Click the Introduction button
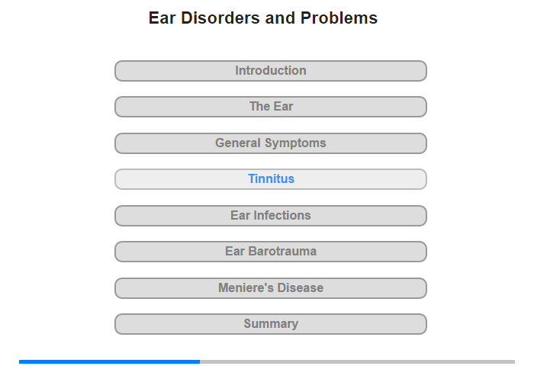tap(271, 71)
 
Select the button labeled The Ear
tap(271, 107)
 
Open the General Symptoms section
tap(271, 143)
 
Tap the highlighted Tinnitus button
tap(271, 179)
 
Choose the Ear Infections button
tap(271, 216)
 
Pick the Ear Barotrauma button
tap(271, 252)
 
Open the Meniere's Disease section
tap(271, 288)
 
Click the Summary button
tap(271, 324)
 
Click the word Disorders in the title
tap(220, 18)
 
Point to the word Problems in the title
tap(339, 18)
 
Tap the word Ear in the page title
tap(162, 18)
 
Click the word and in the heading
tap(280, 18)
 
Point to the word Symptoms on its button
tap(295, 143)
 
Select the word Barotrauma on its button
tap(282, 252)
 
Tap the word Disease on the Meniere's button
tap(300, 287)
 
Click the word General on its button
tap(238, 143)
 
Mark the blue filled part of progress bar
tap(109, 361)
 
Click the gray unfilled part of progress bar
tap(357, 361)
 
